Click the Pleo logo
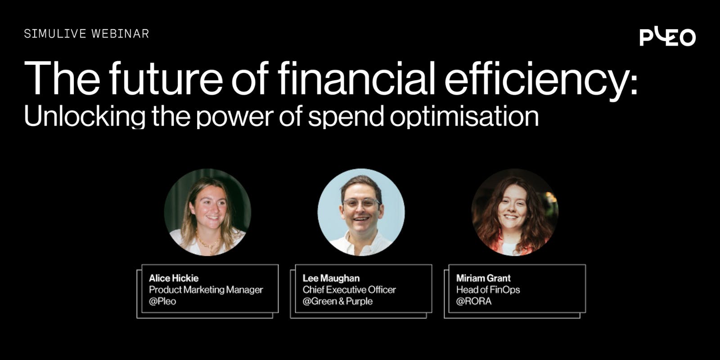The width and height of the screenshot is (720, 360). click(668, 37)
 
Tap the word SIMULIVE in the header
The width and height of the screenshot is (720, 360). click(55, 34)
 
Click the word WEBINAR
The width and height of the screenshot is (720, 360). click(120, 34)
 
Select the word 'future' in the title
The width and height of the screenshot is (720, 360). click(166, 78)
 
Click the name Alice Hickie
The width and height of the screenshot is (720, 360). click(174, 278)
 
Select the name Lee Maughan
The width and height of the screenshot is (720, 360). click(331, 278)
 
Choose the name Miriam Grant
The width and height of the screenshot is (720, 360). click(483, 278)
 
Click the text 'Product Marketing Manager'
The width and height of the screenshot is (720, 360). click(206, 290)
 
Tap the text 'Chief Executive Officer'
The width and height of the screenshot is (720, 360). click(349, 290)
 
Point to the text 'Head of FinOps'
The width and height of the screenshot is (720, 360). click(488, 290)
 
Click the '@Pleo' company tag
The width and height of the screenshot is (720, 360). click(162, 301)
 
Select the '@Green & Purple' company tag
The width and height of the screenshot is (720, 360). click(337, 301)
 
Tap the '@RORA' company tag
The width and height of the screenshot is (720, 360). click(474, 301)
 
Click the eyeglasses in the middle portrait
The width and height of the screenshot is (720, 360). click(362, 203)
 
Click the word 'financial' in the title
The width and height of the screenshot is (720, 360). click(356, 78)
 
